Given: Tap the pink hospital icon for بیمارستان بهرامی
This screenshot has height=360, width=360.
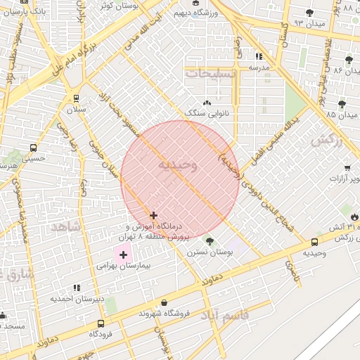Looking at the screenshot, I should tap(124, 254).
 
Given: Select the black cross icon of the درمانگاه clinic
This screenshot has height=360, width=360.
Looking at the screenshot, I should tap(153, 215).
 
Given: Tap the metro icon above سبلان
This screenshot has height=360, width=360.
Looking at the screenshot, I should tap(76, 98).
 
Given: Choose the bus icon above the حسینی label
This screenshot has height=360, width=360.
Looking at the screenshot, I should tap(33, 148).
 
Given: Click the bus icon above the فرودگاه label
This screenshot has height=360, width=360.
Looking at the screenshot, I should tap(101, 323).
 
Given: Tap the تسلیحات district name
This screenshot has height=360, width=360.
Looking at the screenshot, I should tap(207, 72).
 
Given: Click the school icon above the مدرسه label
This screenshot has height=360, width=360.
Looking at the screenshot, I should tap(259, 56).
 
